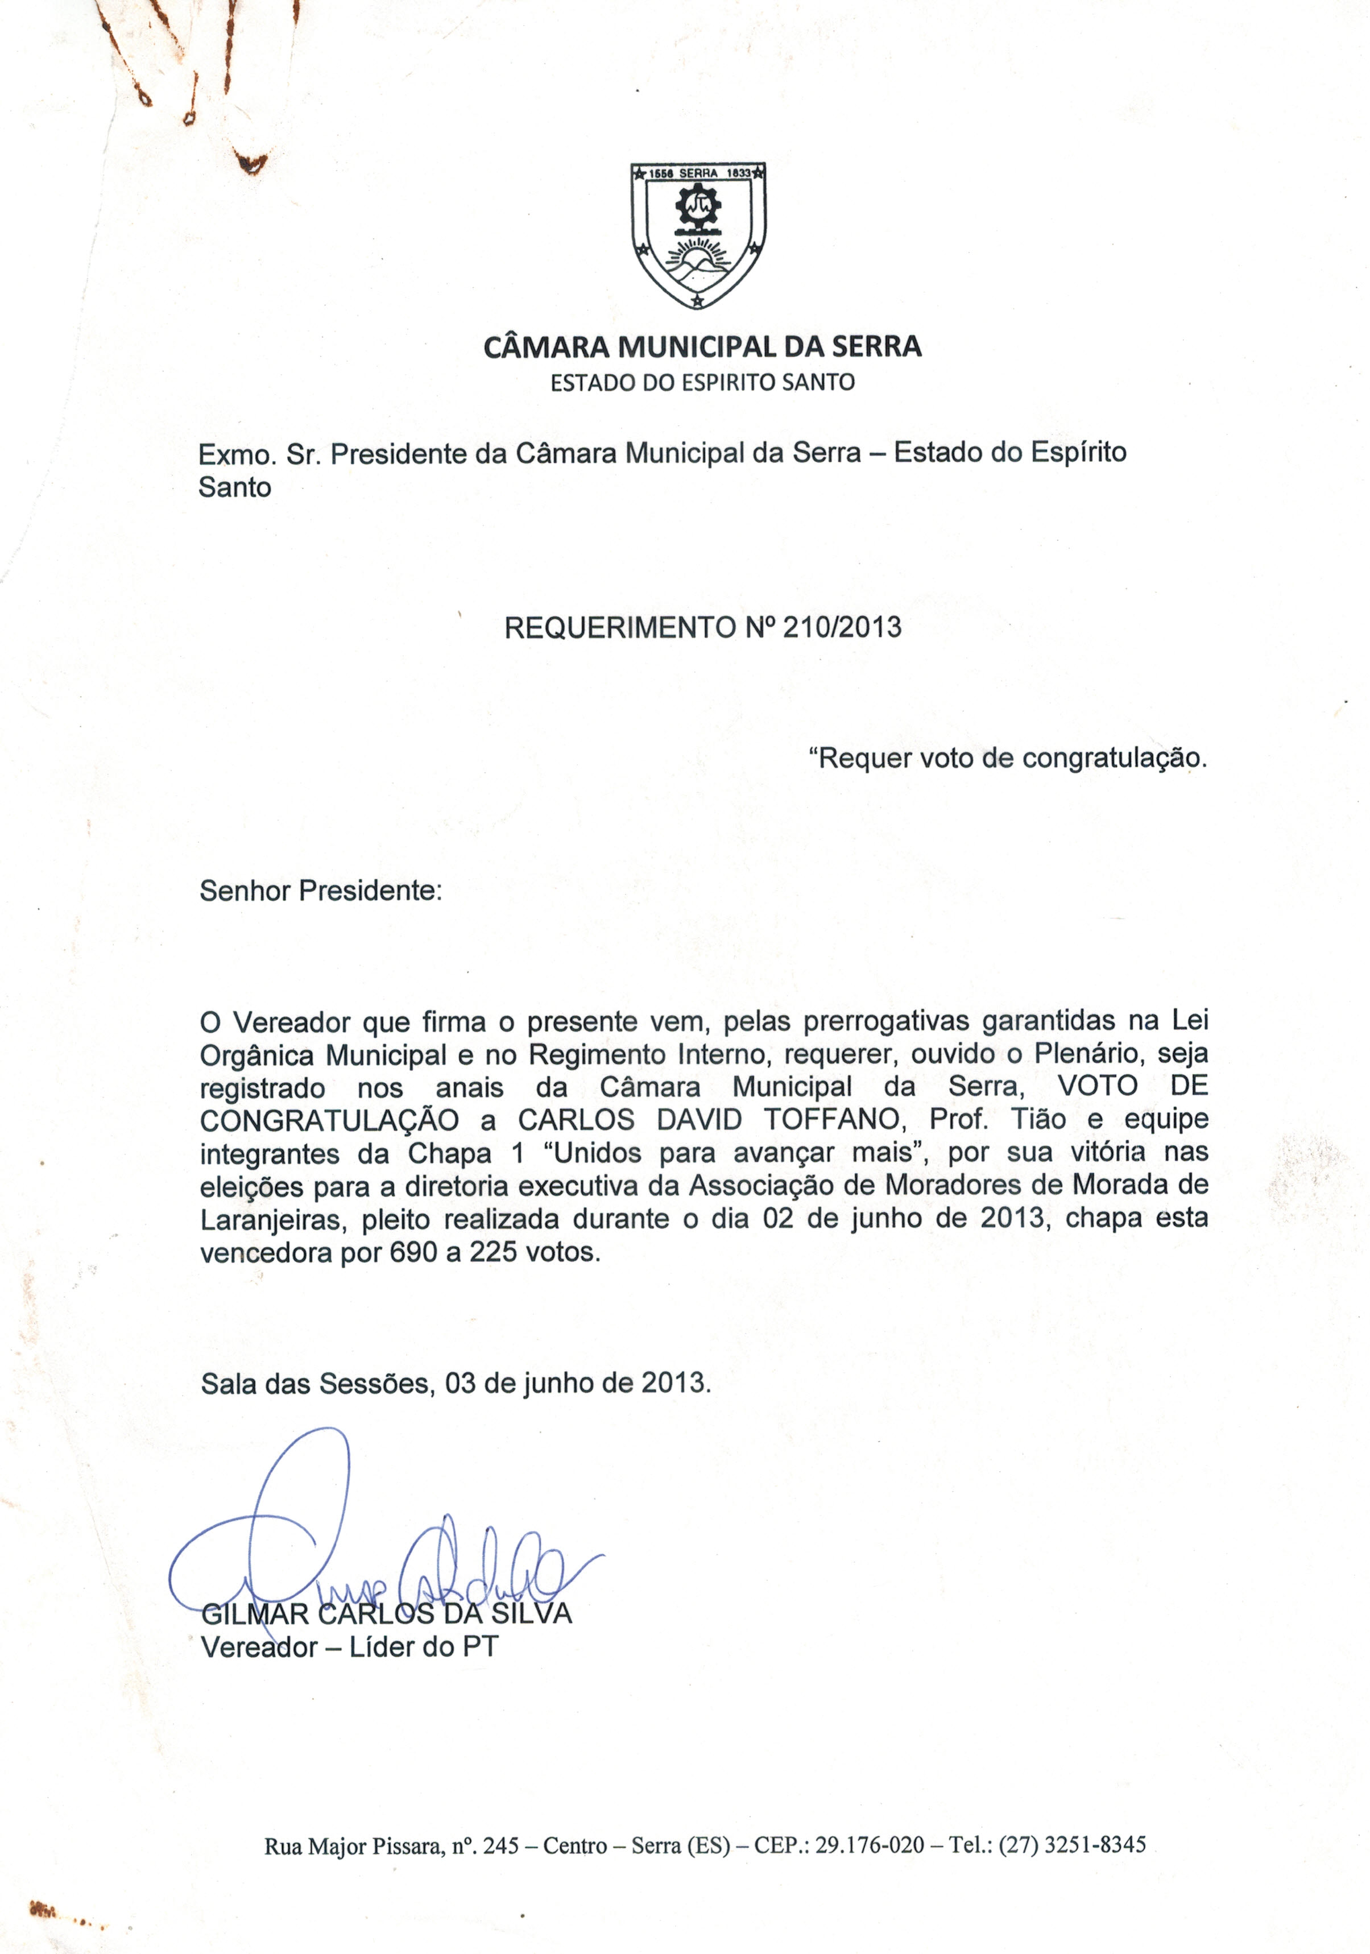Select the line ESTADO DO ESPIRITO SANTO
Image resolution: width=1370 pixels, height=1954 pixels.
click(702, 382)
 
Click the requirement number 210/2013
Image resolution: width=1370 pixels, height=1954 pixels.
click(842, 627)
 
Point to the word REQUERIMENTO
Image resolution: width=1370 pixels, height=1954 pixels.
click(619, 627)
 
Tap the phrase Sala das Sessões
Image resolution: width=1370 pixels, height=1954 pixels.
click(315, 1383)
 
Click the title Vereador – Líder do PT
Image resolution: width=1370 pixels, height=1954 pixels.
click(349, 1647)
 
